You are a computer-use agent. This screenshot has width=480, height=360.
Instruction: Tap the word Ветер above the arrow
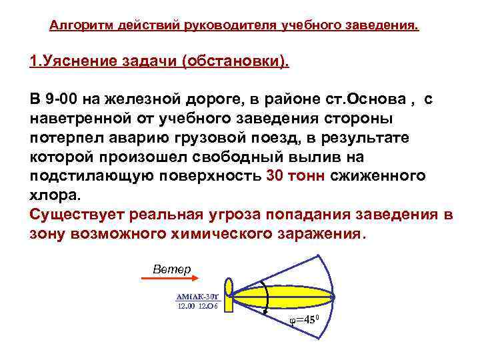click(171, 269)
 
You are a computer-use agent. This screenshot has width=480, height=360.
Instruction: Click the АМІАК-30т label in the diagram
click(196, 297)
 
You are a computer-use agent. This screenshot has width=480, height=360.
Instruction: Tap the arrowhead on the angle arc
click(266, 309)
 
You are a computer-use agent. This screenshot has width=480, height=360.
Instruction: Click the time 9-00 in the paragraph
click(61, 101)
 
